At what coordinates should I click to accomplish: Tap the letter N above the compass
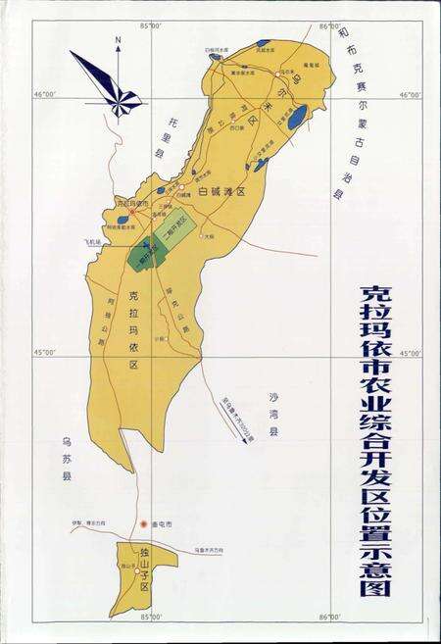click(117, 42)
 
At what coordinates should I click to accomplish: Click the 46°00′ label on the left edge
click(46, 94)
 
